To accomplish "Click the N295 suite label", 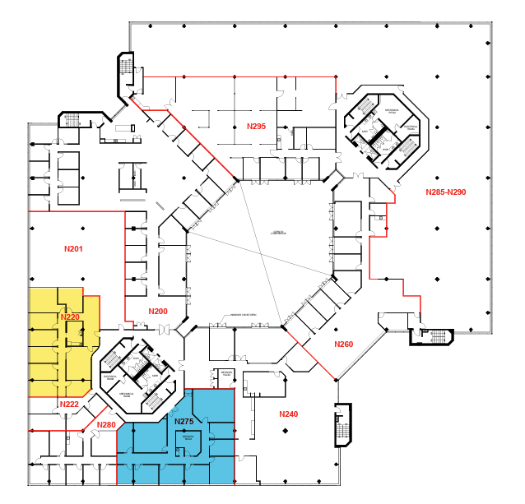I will [257, 126].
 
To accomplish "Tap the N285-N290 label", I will [446, 192].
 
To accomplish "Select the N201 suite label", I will [74, 247].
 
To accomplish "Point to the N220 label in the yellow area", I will [70, 317].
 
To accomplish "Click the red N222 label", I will [69, 404].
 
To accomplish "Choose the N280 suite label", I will [106, 424].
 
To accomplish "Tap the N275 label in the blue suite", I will [184, 421].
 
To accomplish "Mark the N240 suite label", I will [289, 414].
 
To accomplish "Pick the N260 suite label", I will [343, 344].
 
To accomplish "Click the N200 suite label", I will [158, 311].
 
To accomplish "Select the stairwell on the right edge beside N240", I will [342, 427].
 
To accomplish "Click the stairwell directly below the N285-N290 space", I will [433, 336].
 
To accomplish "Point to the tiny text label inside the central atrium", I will [277, 233].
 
